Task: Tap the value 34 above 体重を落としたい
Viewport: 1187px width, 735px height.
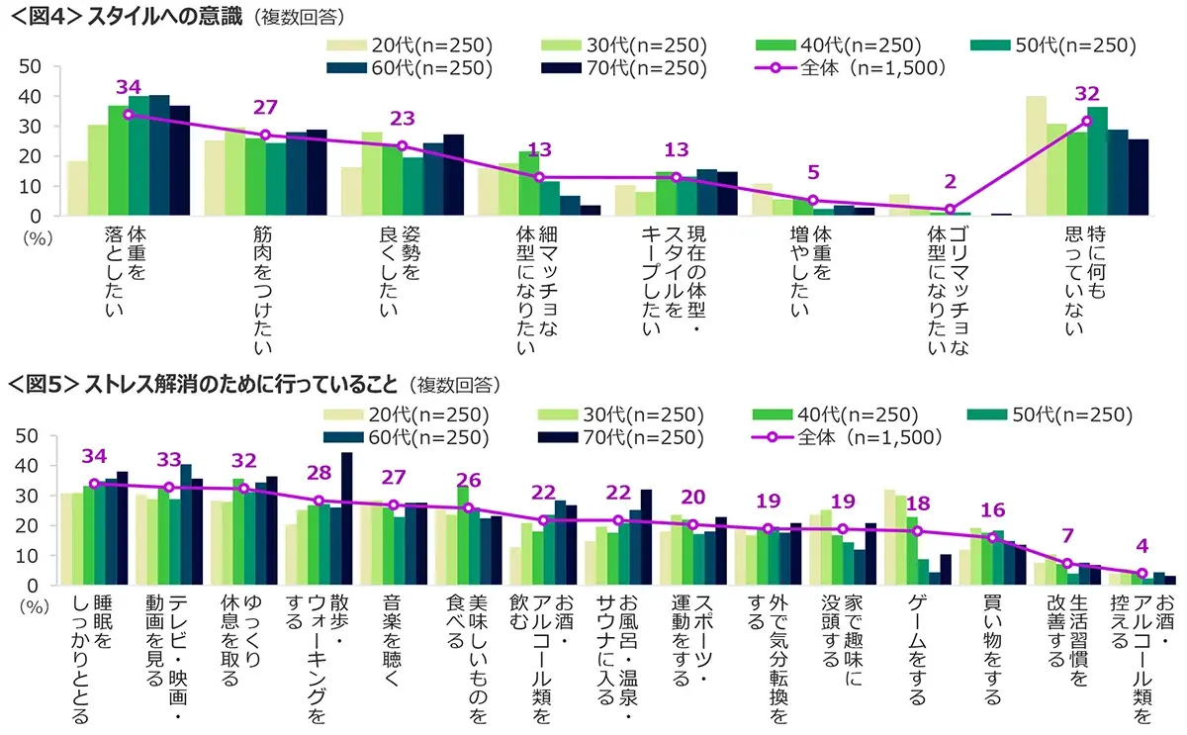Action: (x=127, y=86)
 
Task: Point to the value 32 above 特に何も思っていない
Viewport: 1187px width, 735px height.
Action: (x=1087, y=95)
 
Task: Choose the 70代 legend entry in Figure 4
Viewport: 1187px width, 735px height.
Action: (x=623, y=68)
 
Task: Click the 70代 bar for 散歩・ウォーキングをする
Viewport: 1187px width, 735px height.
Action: (x=346, y=518)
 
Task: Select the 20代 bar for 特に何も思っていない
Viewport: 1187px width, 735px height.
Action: (x=1036, y=155)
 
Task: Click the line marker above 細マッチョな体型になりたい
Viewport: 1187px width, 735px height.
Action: (x=539, y=177)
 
